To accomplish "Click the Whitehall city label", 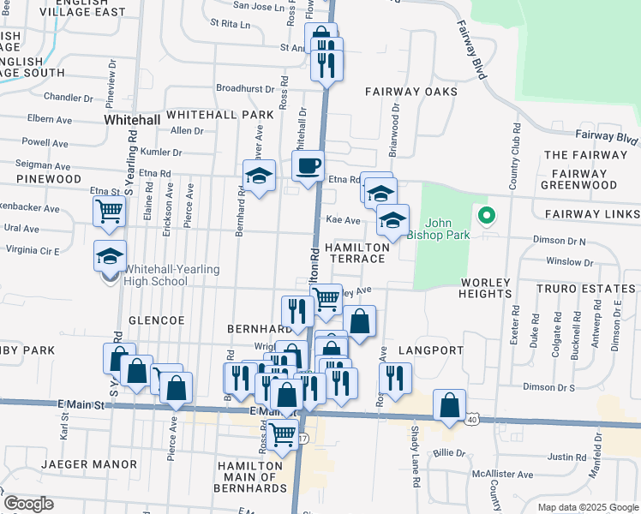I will tap(132, 121).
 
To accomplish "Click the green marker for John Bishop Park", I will tap(486, 216).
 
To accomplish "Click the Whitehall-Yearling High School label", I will tap(171, 275).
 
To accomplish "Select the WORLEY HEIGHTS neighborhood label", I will tap(486, 288).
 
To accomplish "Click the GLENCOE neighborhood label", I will tap(156, 320).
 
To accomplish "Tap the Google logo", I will tap(28, 504).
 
